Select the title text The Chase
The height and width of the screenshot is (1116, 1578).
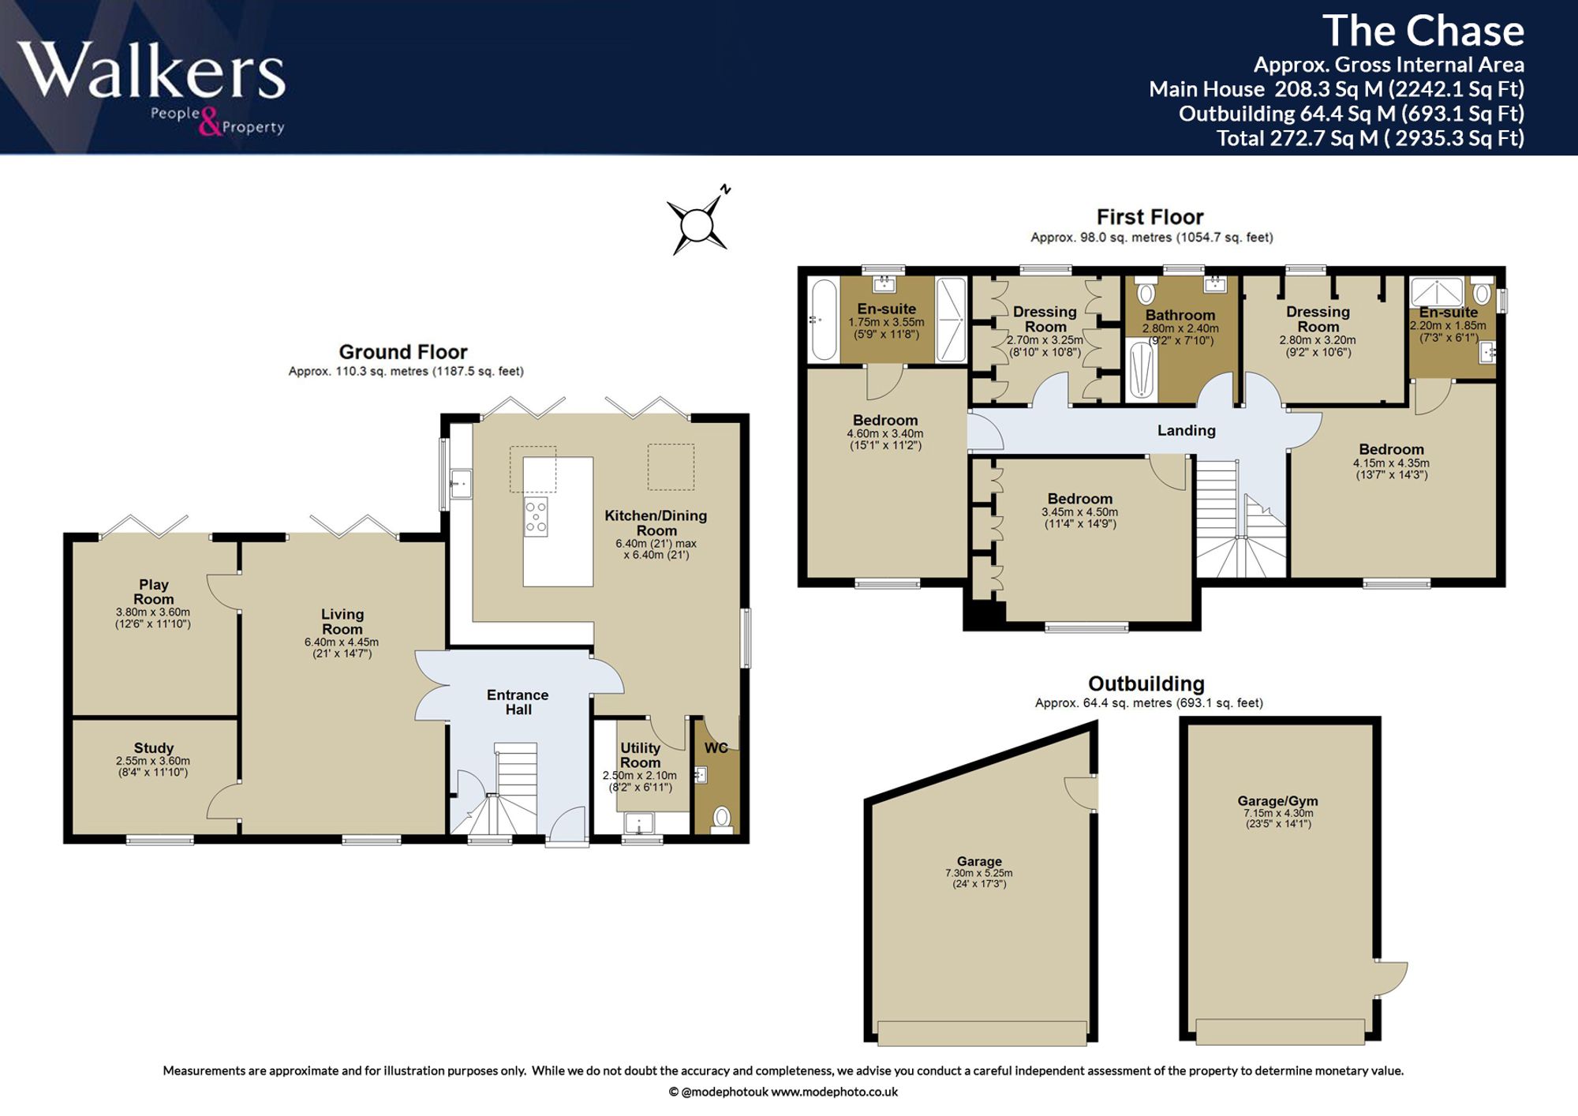(1423, 31)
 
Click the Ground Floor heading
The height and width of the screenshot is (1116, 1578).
(403, 352)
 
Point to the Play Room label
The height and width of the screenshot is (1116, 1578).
(154, 592)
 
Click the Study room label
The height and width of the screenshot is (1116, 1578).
(154, 747)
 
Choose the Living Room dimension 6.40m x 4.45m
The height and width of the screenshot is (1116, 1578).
(342, 642)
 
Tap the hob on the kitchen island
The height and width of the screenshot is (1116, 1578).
(536, 516)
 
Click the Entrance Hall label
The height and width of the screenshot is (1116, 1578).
(518, 702)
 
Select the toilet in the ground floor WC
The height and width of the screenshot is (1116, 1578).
(721, 818)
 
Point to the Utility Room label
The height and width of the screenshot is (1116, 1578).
(640, 755)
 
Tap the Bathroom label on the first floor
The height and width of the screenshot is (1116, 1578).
(1180, 315)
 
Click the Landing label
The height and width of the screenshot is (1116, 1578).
(1186, 430)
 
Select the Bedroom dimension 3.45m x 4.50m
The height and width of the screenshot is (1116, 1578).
(1079, 512)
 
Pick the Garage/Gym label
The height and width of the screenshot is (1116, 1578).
(1277, 801)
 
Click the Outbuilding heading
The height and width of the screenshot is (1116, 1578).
(1146, 683)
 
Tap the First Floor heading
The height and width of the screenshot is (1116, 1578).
(1150, 217)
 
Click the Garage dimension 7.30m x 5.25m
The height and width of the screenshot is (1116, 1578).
(978, 874)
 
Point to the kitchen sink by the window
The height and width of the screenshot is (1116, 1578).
(461, 484)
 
